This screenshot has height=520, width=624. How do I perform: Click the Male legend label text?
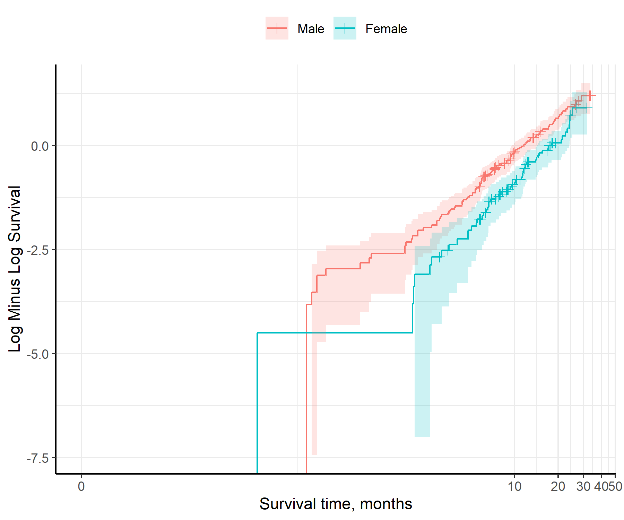pos(311,29)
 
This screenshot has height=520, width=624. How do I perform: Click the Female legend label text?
pos(386,29)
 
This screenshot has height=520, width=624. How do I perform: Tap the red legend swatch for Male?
pos(277,28)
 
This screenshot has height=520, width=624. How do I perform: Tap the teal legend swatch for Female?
pos(345,28)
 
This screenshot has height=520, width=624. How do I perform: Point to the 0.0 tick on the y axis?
pos(40,146)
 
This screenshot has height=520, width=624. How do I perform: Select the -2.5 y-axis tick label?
pos(38,250)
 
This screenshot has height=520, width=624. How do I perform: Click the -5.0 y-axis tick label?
pos(38,354)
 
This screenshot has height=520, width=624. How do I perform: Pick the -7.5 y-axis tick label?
pos(38,458)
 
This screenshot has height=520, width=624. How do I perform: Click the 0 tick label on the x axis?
pos(81,486)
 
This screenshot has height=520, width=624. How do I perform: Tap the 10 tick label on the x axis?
pos(514,486)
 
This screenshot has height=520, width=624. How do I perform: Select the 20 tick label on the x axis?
pos(558,486)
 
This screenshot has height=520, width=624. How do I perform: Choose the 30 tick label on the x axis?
pos(583,486)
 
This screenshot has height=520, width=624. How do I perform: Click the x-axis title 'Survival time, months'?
pos(336,504)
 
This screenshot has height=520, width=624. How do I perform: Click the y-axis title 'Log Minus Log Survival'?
pos(15,269)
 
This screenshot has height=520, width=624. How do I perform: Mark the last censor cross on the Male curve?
pos(590,96)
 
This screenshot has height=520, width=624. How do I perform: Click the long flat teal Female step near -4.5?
pos(335,333)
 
